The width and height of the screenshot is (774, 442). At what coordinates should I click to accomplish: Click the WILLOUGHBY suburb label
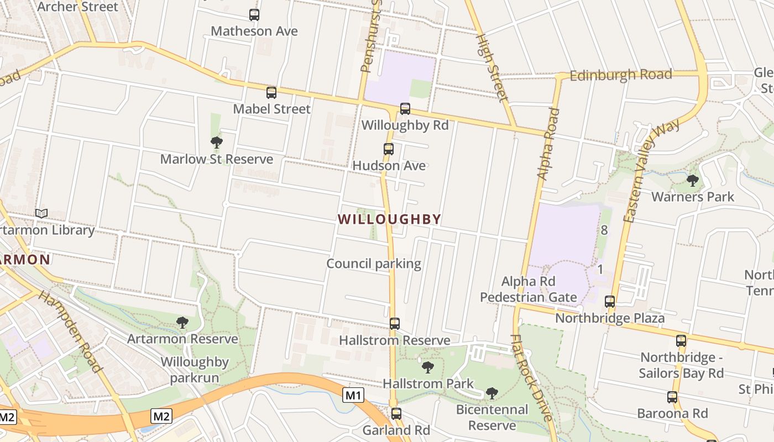tap(389, 219)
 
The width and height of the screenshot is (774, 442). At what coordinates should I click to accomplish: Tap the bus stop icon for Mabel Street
tap(271, 93)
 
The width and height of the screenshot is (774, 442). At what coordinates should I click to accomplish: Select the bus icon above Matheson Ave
tap(254, 15)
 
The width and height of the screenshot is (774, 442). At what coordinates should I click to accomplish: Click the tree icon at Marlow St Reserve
tap(217, 143)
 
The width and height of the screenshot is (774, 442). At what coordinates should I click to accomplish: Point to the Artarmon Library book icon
tap(41, 213)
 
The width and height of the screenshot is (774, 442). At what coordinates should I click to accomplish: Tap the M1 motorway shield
tap(353, 395)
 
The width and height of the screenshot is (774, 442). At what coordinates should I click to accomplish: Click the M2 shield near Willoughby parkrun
tap(161, 415)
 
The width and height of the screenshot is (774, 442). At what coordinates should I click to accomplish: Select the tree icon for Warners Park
tap(692, 181)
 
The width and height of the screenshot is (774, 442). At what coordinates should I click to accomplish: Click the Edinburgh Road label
tap(621, 75)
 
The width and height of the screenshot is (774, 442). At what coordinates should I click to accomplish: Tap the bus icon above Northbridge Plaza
tap(610, 302)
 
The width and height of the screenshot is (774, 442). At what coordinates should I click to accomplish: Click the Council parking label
tap(374, 264)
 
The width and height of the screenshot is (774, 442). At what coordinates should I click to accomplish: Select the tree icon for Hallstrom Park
tap(427, 367)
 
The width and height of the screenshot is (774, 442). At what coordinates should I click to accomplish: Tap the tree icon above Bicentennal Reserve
tap(491, 393)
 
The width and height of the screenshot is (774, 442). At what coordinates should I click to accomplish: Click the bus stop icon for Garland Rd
tap(396, 413)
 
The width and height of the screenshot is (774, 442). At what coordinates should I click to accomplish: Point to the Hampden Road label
tap(70, 330)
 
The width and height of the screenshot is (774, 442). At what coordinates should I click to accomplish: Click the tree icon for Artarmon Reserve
tap(182, 323)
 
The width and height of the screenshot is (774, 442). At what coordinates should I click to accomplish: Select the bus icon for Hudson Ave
tap(389, 149)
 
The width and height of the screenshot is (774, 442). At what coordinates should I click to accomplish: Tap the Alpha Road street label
tap(548, 144)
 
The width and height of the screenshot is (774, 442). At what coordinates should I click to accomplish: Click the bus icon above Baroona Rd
tap(672, 397)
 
